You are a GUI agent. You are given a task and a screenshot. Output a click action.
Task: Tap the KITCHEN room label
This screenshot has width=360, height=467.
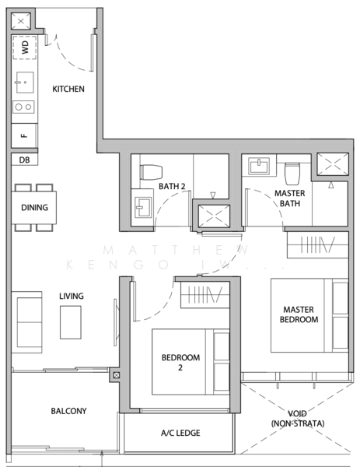[x=68, y=89]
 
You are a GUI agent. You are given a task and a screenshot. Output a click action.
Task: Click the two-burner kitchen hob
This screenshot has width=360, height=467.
[x=23, y=107]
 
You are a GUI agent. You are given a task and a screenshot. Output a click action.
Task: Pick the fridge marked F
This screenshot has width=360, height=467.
[x=23, y=135]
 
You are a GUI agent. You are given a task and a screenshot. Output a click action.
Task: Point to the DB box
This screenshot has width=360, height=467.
[x=23, y=160]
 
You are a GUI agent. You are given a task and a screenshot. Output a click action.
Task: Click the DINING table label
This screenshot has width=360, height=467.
[x=34, y=208]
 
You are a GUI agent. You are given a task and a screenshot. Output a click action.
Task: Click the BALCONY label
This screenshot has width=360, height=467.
[x=68, y=411]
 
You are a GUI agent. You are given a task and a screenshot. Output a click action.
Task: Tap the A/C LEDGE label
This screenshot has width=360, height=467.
[x=178, y=433]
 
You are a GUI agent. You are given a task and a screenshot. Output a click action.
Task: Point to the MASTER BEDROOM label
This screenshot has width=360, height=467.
[x=299, y=314]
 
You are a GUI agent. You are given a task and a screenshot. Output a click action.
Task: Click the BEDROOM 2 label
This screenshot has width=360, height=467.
[x=180, y=362]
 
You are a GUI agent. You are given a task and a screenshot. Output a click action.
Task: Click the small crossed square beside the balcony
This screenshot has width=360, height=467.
[x=117, y=376]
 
